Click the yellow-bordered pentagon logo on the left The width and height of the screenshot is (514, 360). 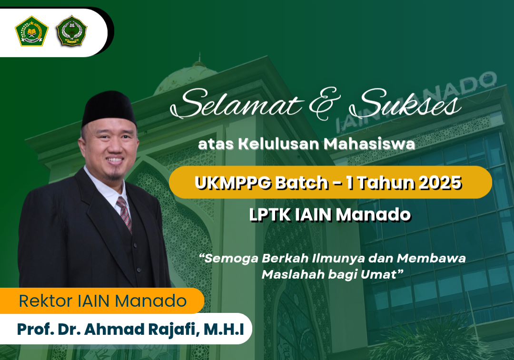click(x=31, y=31)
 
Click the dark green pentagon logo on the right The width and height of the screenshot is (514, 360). click(x=71, y=30)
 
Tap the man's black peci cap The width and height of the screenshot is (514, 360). click(x=109, y=108)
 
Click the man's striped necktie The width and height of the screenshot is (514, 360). click(x=124, y=214)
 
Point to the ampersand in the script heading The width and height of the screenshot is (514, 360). click(x=325, y=103)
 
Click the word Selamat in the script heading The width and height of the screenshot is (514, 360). click(x=237, y=103)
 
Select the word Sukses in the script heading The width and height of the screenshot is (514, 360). click(x=405, y=103)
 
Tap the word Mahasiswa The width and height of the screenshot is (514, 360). click(x=369, y=144)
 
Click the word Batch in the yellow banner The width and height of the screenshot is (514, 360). click(x=302, y=183)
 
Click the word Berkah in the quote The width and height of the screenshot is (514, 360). click(x=285, y=258)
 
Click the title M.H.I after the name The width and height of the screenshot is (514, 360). click(x=224, y=330)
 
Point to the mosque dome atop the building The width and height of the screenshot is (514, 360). click(x=186, y=78)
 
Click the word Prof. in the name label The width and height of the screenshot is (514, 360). click(x=35, y=330)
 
